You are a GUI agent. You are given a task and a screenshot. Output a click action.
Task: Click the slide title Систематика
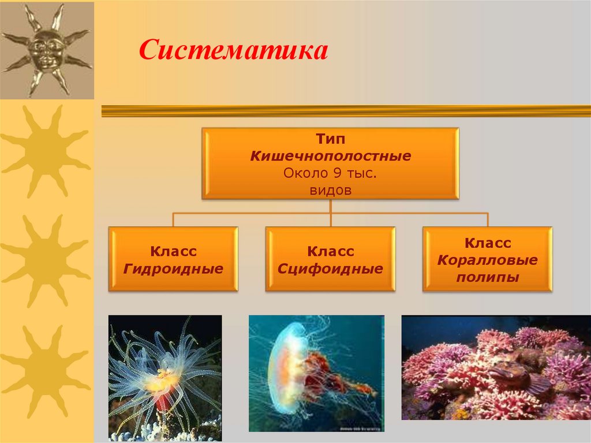(x=233, y=51)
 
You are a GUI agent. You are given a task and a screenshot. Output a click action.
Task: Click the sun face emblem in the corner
(x=46, y=49)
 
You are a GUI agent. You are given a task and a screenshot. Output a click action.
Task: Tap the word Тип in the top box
(x=330, y=140)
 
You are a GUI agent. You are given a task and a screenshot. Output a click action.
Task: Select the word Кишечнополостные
(x=330, y=157)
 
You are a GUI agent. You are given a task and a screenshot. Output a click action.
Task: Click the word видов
(x=330, y=190)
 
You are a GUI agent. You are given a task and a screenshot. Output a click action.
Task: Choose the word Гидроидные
(x=173, y=269)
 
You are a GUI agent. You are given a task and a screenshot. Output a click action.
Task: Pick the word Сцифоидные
(x=330, y=269)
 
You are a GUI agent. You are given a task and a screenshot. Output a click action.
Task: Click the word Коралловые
(x=487, y=260)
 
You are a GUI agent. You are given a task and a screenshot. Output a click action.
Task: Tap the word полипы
(x=487, y=277)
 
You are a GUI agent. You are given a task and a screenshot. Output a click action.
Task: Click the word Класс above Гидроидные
(x=173, y=252)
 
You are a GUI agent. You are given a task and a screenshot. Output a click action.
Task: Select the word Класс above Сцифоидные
(x=330, y=252)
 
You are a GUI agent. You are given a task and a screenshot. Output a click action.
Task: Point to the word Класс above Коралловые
(x=487, y=243)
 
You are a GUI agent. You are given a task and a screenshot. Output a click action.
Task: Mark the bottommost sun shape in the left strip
(x=46, y=370)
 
